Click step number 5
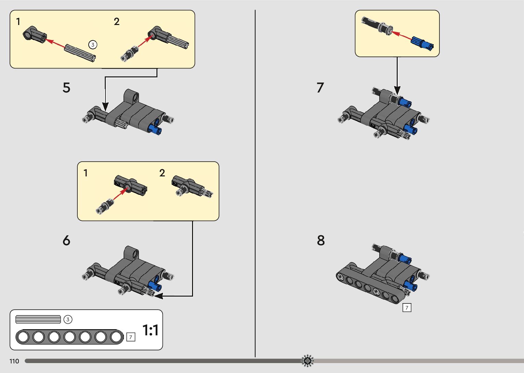tap(66, 88)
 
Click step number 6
tap(66, 240)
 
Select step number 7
tap(320, 88)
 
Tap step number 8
tap(321, 240)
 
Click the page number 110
tap(14, 361)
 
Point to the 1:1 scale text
tap(151, 331)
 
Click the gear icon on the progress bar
tap(307, 361)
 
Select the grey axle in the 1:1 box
tap(38, 320)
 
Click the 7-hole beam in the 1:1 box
tap(69, 337)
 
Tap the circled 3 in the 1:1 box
tap(68, 320)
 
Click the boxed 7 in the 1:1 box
tap(131, 337)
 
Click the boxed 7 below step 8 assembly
tap(407, 308)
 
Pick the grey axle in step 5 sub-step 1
tap(79, 53)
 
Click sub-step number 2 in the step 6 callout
tap(162, 173)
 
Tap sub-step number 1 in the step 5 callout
tap(18, 22)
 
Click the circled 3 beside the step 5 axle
tap(92, 45)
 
